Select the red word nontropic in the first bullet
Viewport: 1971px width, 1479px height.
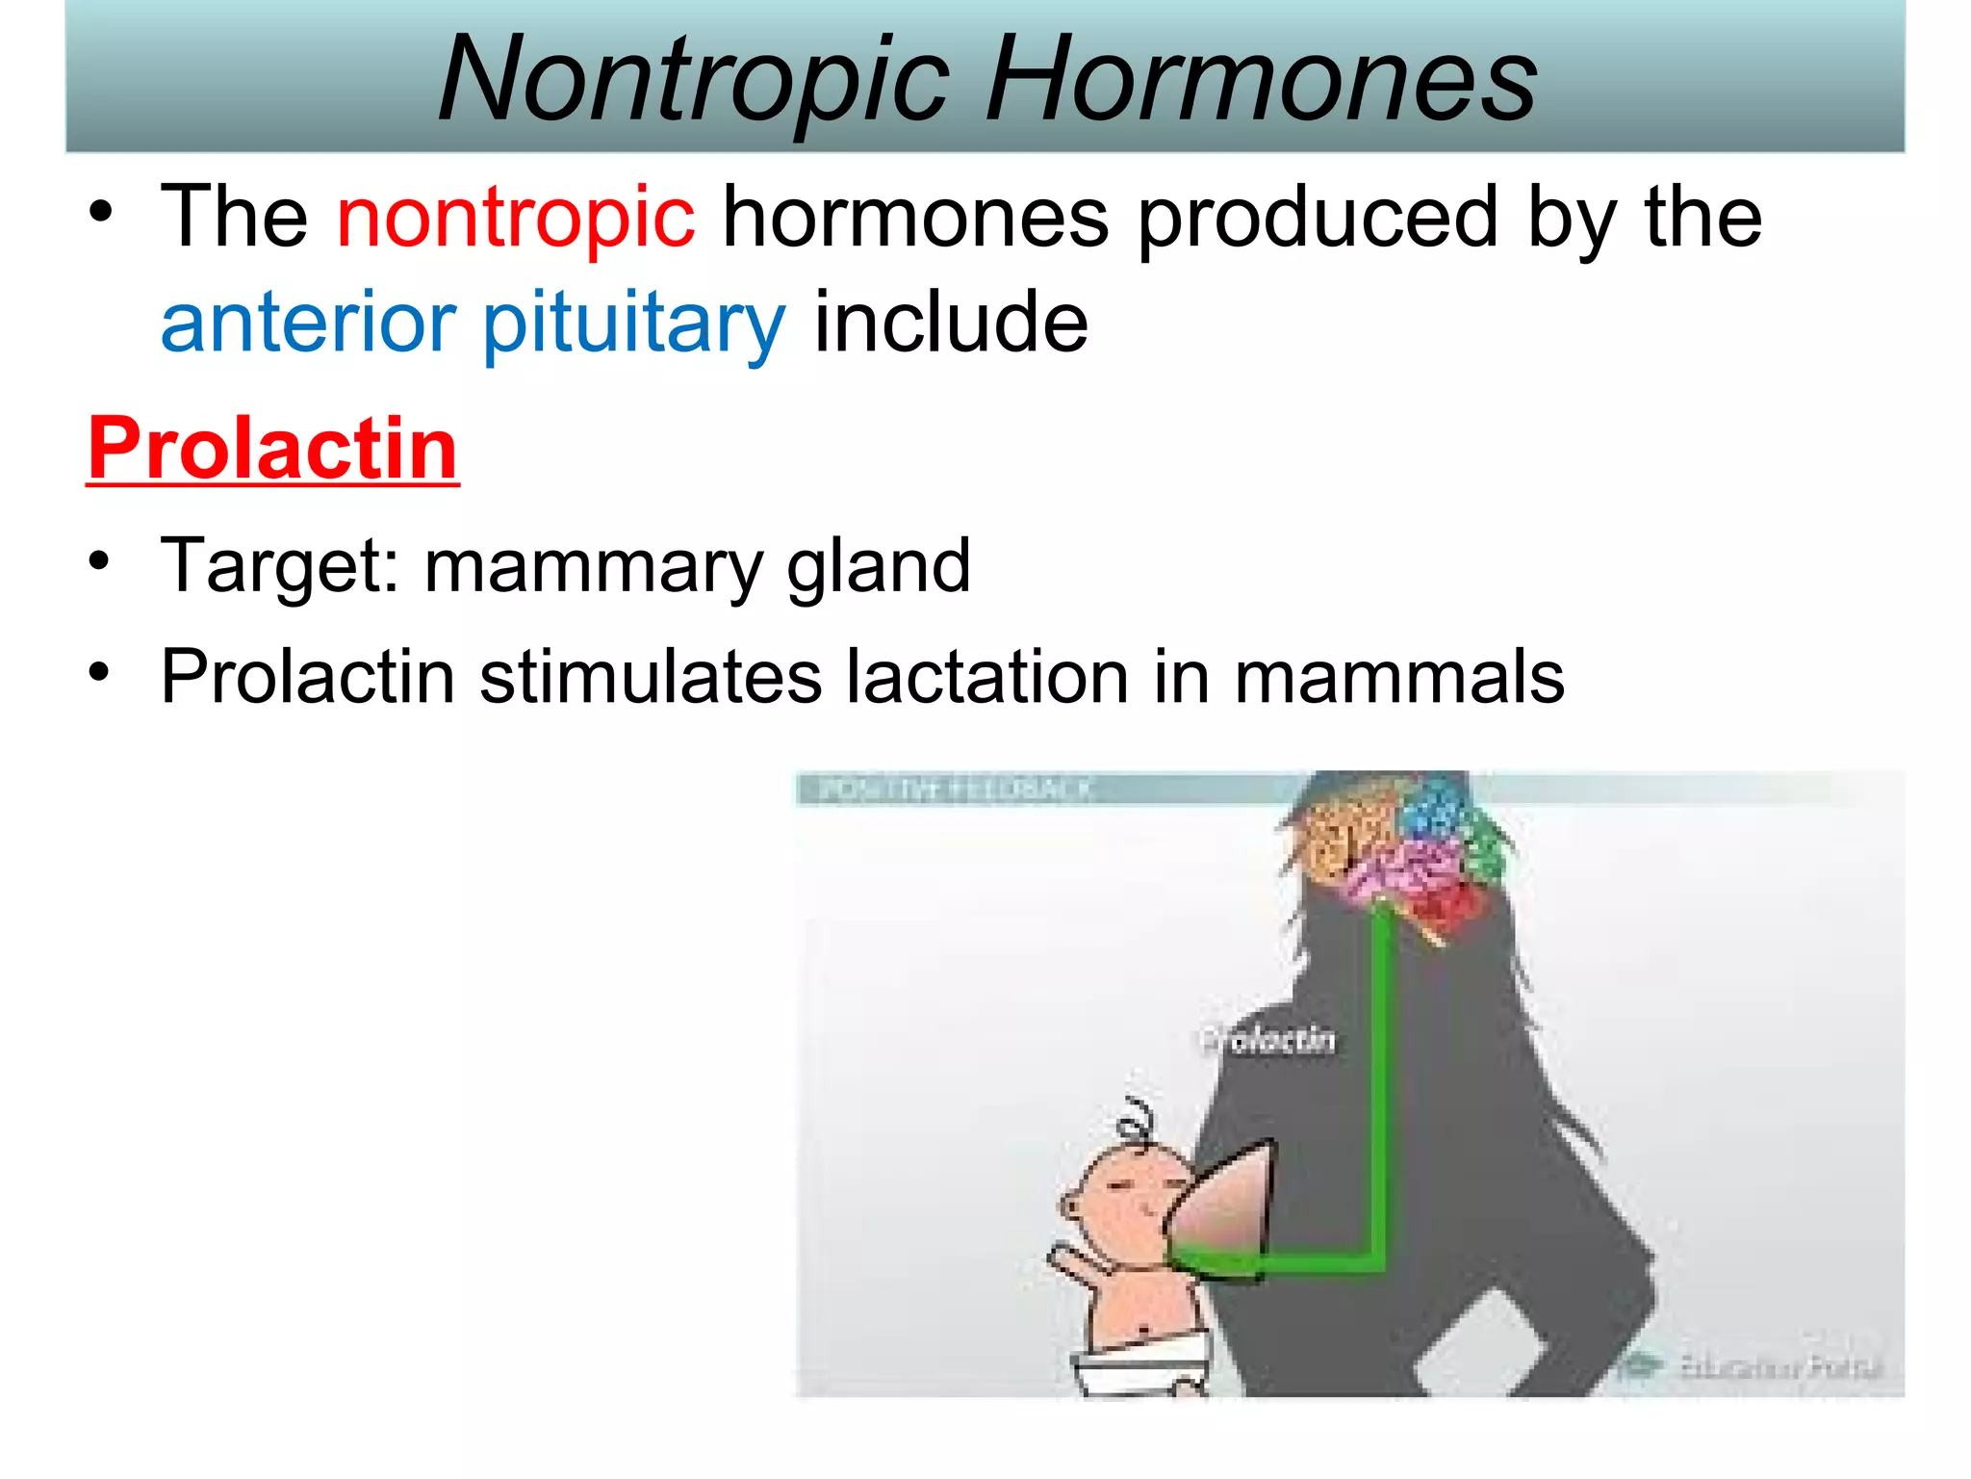click(x=516, y=218)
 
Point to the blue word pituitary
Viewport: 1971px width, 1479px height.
click(x=634, y=324)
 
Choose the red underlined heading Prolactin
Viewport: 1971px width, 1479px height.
click(x=273, y=449)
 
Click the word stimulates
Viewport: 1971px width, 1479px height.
click(x=651, y=677)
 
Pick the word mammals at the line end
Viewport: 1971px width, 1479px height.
click(x=1399, y=677)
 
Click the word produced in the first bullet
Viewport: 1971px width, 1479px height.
click(x=1318, y=218)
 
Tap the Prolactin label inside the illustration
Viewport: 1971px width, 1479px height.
click(x=1268, y=1040)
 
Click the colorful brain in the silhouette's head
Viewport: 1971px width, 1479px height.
click(x=1405, y=847)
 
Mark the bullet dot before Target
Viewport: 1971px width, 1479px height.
click(x=100, y=562)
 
